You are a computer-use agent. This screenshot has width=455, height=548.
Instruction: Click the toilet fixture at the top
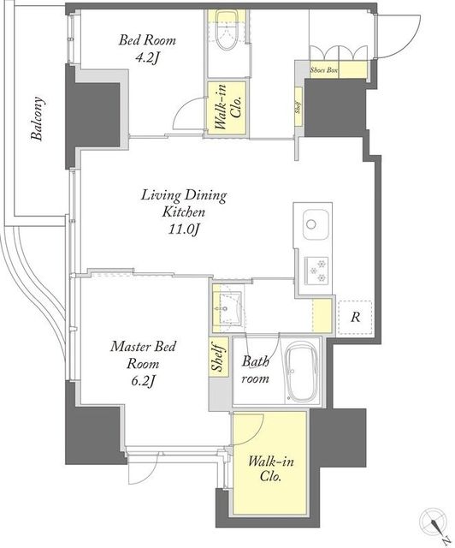click(227, 31)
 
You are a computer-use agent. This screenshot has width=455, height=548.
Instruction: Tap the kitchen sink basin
click(316, 224)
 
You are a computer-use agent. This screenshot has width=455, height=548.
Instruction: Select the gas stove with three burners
click(316, 271)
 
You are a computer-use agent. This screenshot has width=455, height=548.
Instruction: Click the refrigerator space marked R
click(355, 318)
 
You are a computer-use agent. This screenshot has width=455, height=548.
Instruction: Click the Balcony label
click(38, 118)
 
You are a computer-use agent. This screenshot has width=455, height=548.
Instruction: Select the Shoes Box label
click(324, 70)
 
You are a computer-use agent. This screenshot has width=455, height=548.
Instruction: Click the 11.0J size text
click(184, 229)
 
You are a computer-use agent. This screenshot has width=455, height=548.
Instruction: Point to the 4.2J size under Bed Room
click(147, 57)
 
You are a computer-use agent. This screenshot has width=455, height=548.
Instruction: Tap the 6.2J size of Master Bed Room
click(143, 382)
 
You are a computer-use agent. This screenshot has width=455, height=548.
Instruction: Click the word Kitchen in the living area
click(184, 211)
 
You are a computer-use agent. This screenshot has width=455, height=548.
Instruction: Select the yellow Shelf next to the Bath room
click(219, 357)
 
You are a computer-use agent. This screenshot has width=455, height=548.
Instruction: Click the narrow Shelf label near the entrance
click(298, 107)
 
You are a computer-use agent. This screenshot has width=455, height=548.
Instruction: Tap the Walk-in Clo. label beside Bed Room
click(227, 108)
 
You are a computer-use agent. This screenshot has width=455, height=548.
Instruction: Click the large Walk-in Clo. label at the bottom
click(270, 469)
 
